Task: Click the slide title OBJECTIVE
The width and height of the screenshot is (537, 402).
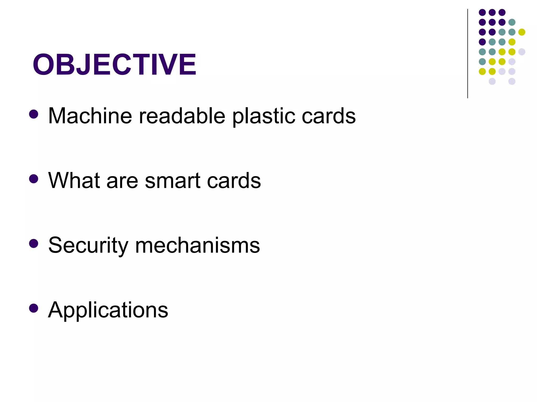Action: point(114,64)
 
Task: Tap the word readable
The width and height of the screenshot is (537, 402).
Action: point(182,116)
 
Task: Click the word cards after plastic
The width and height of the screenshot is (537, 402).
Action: point(329,116)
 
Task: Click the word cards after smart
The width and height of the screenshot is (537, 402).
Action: point(234,180)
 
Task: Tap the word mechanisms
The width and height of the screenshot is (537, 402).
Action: point(197,245)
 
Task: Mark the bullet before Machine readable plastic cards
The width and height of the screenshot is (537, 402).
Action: point(34,114)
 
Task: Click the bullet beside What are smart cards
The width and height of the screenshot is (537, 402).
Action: point(34,179)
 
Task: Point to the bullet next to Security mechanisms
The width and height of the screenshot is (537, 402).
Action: point(34,244)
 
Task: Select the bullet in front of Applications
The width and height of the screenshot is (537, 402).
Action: point(34,308)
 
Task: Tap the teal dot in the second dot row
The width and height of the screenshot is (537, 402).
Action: point(512,22)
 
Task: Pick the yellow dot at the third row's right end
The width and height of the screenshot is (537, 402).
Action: point(522,32)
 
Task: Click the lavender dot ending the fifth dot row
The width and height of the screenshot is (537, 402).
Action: point(522,52)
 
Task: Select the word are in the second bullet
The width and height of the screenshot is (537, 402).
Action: point(122,181)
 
